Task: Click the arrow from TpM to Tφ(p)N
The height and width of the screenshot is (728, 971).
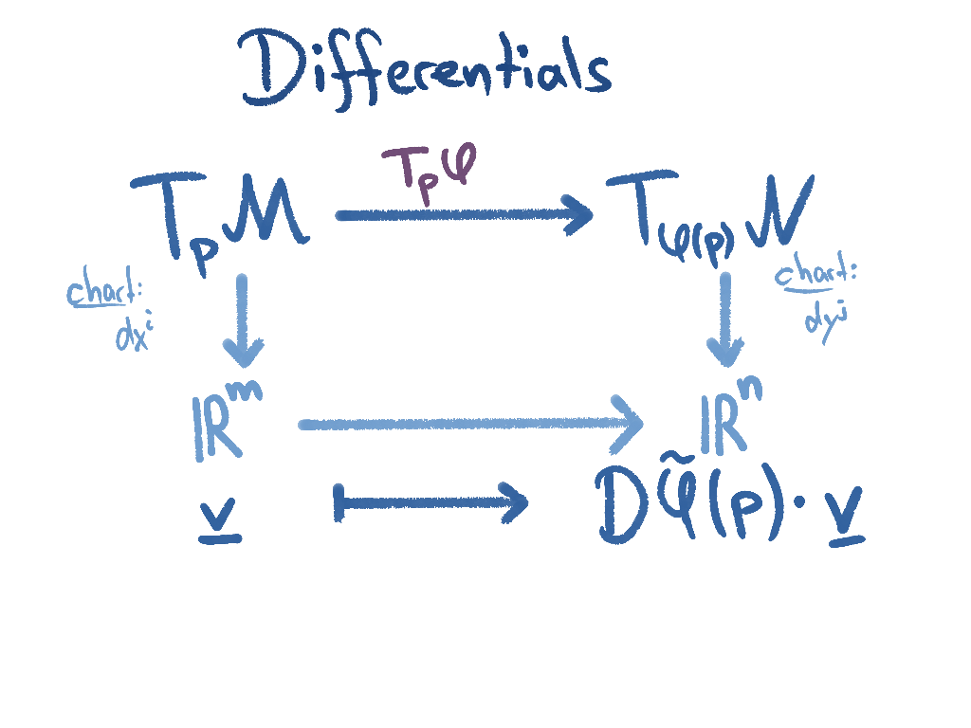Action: (x=465, y=214)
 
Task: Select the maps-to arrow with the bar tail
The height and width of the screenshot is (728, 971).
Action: (x=431, y=501)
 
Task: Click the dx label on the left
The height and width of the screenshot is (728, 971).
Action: (x=134, y=333)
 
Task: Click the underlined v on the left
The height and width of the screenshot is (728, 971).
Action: (x=220, y=520)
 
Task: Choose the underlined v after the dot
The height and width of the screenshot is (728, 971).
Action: (x=845, y=524)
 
